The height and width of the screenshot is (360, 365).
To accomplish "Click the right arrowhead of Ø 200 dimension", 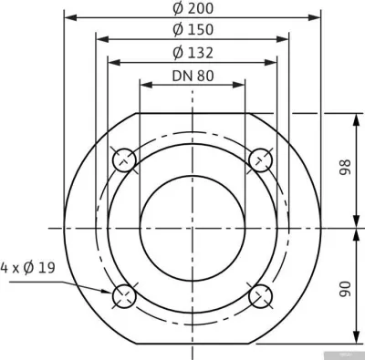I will pyautogui.click(x=319, y=16).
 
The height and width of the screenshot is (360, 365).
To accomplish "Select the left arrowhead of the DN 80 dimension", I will pyautogui.click(x=143, y=85).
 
